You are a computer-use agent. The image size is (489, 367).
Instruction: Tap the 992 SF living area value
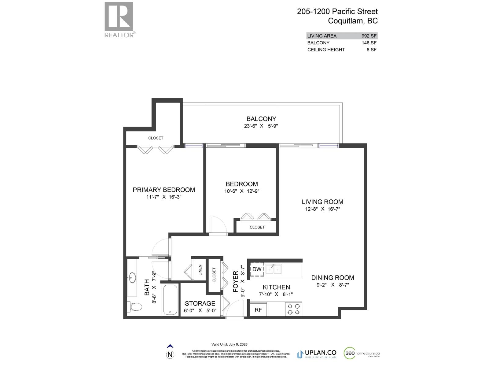click(x=369, y=36)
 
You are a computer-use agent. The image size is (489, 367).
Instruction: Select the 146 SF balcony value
click(x=369, y=43)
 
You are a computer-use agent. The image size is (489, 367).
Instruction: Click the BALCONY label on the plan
click(x=261, y=119)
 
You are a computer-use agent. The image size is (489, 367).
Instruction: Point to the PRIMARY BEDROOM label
click(x=164, y=190)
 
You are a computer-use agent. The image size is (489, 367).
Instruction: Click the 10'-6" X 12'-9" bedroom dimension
click(x=242, y=191)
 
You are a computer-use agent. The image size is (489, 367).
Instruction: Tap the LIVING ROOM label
click(x=322, y=202)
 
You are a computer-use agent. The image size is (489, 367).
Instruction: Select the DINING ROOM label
click(x=333, y=278)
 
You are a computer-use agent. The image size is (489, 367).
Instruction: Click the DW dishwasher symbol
click(x=257, y=269)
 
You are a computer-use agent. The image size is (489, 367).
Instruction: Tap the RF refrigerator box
click(x=258, y=310)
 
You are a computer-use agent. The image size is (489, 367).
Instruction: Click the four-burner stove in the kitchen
click(x=293, y=309)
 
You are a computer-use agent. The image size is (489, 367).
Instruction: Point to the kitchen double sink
click(x=273, y=269)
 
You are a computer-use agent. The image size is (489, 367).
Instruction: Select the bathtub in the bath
click(x=170, y=300)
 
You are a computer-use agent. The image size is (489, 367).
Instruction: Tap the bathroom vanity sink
click(x=132, y=278)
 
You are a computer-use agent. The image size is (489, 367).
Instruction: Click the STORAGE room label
click(x=200, y=303)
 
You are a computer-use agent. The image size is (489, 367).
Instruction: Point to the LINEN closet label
click(x=200, y=270)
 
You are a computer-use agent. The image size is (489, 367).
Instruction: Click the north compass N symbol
click(x=170, y=355)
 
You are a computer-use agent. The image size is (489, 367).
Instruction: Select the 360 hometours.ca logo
click(x=362, y=353)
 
